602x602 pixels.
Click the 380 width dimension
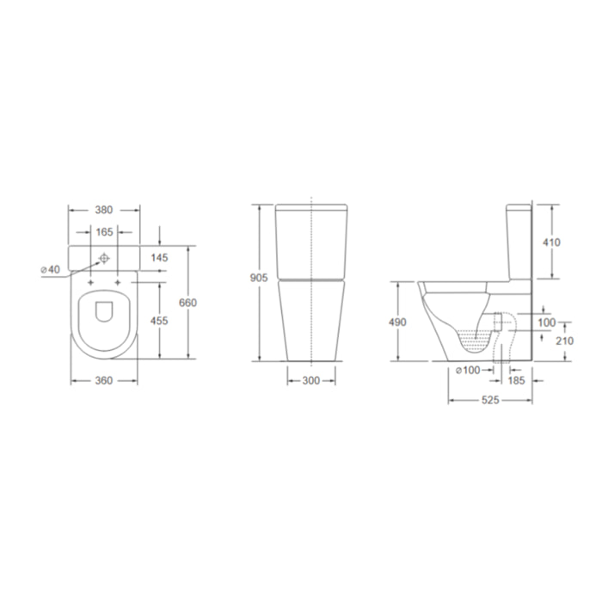click(104, 210)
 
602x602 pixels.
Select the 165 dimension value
click(104, 232)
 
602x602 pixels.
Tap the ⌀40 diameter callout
click(50, 269)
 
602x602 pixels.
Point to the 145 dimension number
click(159, 257)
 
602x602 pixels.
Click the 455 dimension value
click(159, 320)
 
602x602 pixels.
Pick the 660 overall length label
click(187, 303)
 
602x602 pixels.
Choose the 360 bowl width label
click(104, 380)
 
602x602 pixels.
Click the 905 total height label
click(259, 277)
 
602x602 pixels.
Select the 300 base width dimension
click(311, 380)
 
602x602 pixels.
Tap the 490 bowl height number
click(397, 322)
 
